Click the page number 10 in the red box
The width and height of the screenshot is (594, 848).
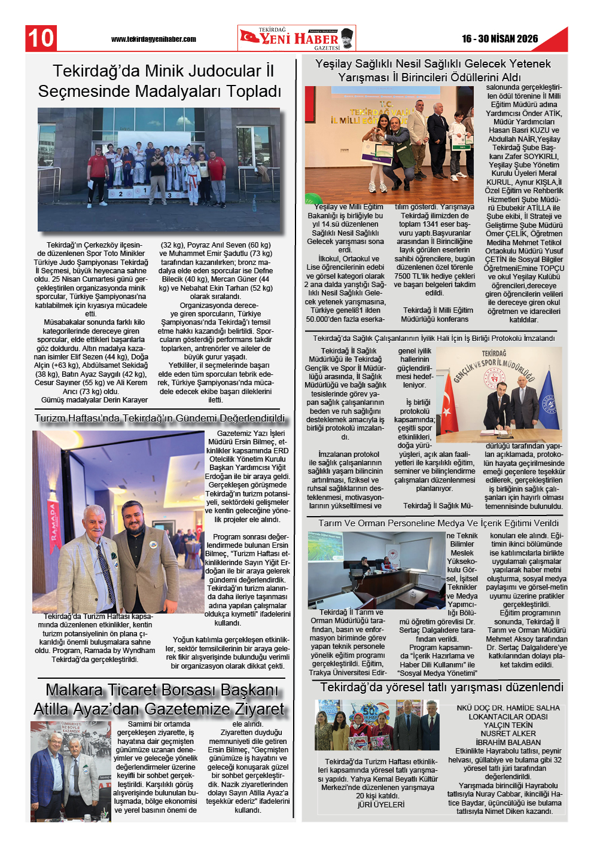point(41,38)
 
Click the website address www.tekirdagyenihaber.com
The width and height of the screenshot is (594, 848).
point(153,39)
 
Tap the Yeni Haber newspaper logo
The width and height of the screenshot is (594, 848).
point(296,38)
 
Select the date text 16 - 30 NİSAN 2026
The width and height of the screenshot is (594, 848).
point(499,39)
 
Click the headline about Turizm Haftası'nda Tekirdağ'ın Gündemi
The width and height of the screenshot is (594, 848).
point(160,419)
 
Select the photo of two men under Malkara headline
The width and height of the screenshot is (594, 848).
point(71,770)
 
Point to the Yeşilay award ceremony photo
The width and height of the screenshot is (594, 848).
point(389,144)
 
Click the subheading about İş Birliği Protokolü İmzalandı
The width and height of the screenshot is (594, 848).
point(434,338)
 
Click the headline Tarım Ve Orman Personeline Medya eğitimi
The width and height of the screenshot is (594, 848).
point(438,523)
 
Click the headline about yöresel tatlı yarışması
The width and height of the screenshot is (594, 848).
point(441,687)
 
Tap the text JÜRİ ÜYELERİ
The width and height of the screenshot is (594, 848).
point(381,804)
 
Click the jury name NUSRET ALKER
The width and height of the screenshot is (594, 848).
point(508,734)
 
